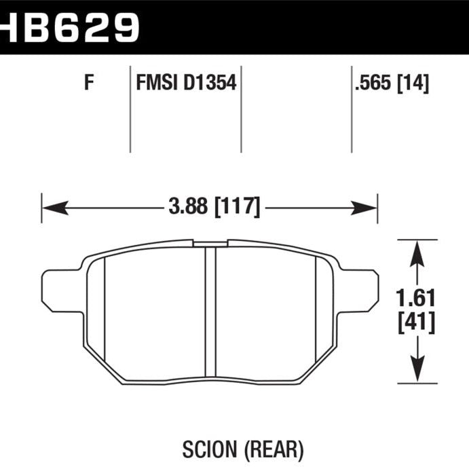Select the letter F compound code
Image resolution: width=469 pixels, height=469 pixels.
88,84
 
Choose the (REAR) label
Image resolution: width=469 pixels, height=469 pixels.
262,449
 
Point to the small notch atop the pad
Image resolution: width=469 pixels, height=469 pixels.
210,242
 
